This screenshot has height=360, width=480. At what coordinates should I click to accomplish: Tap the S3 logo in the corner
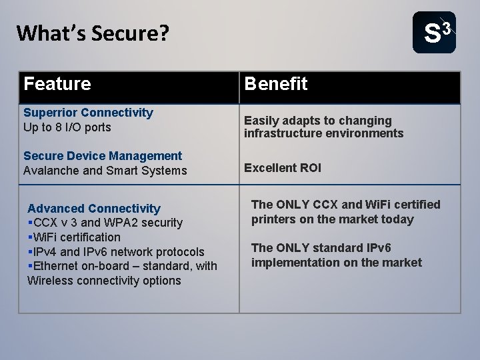434,32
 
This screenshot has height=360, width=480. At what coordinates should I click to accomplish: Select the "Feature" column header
57,85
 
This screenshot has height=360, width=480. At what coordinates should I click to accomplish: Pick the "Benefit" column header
276,85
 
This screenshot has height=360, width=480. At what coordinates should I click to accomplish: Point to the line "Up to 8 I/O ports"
67,127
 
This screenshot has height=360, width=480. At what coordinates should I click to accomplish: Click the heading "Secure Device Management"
103,155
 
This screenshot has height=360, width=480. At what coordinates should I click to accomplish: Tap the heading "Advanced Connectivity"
94,209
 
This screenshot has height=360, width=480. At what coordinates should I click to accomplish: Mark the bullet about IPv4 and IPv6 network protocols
117,252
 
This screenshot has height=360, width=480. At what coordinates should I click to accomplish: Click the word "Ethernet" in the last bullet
55,266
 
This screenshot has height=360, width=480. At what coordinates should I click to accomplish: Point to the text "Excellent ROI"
283,168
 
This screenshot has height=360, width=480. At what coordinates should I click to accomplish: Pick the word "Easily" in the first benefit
261,120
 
